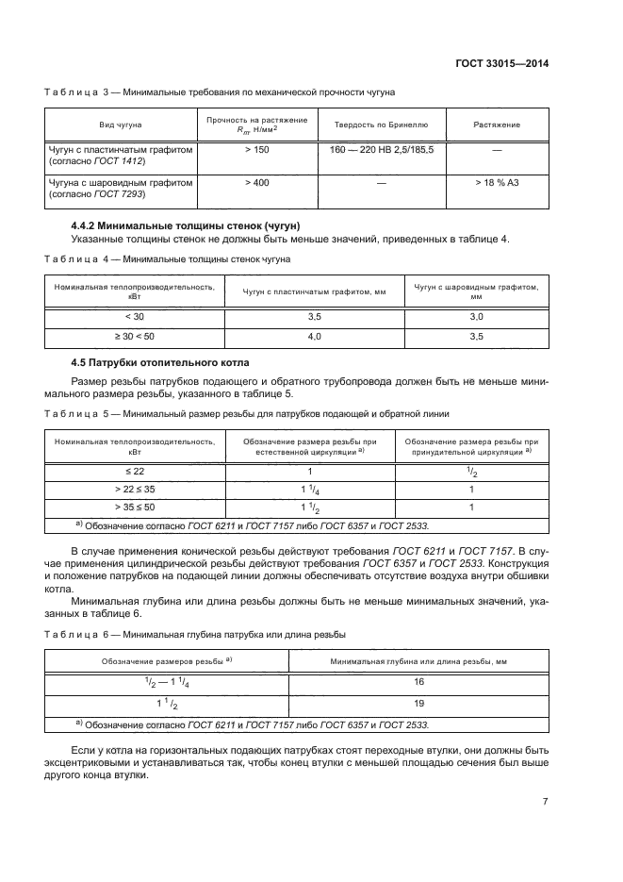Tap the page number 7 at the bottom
547,803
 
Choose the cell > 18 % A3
497,182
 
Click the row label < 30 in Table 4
135,317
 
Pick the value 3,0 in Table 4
476,317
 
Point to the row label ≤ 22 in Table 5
135,470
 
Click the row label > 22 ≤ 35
135,489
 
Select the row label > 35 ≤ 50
135,508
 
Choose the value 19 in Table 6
419,704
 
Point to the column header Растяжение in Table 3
497,125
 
